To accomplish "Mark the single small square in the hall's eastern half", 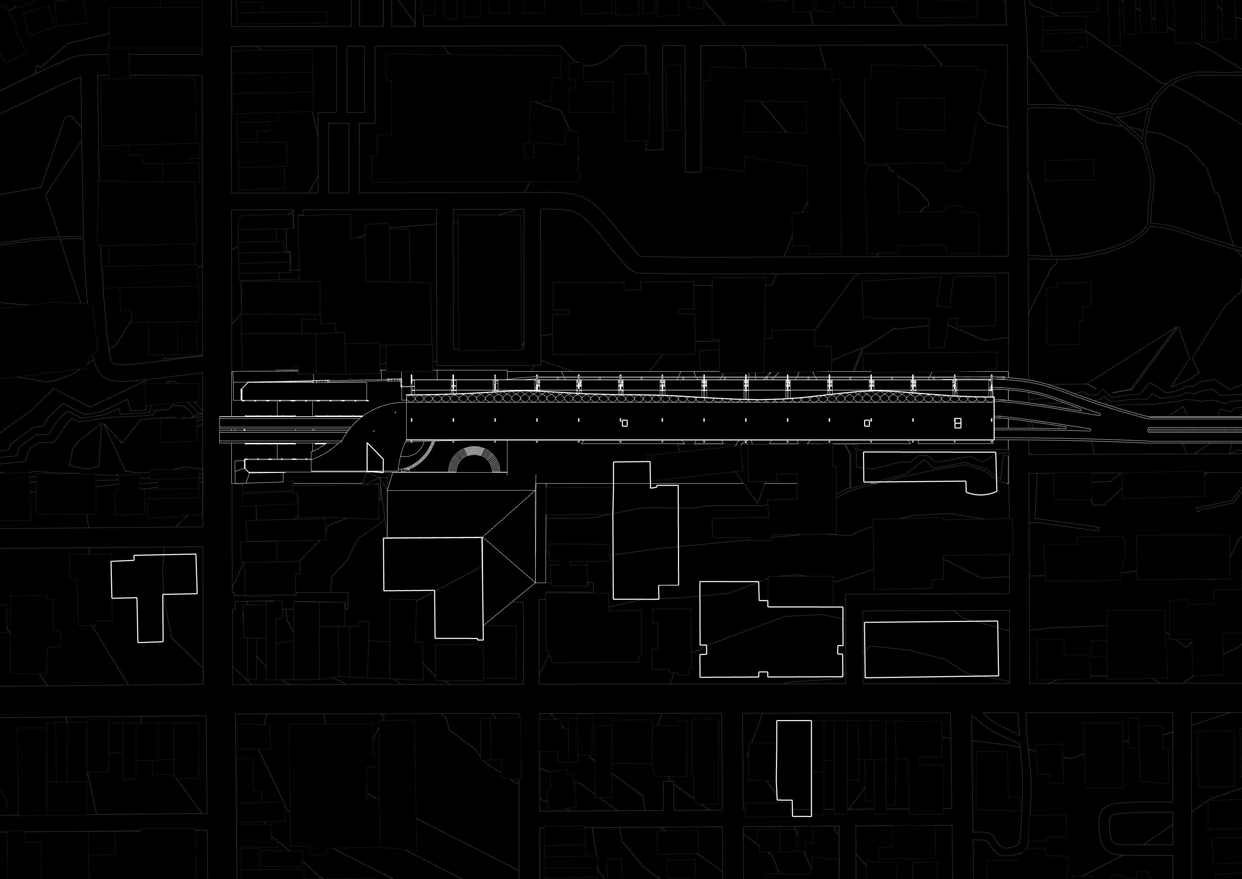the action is coord(867,423).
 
